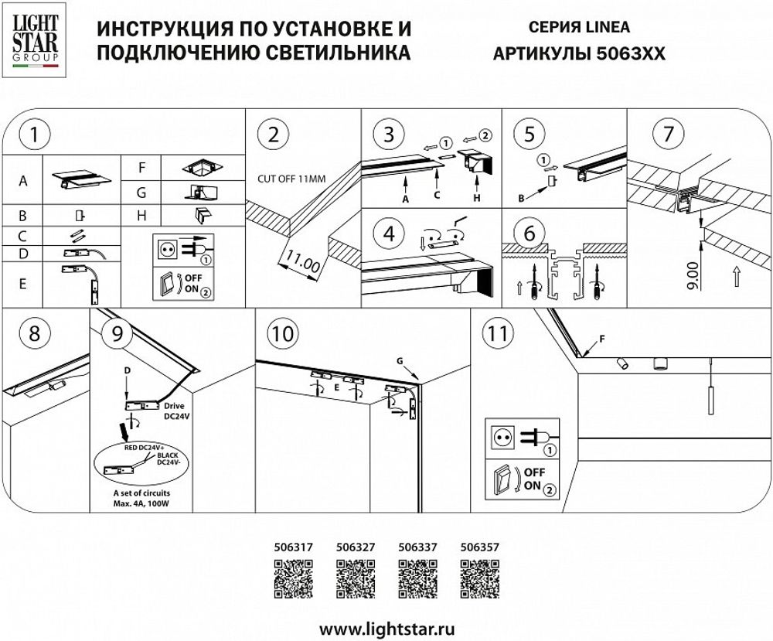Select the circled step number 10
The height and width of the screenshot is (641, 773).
point(283,334)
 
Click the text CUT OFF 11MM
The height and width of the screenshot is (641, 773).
point(291,179)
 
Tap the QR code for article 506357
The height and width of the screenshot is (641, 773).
point(479,579)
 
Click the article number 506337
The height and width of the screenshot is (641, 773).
point(417,546)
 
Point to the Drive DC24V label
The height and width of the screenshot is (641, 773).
point(175,410)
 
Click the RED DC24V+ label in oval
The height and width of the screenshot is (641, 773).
point(145,447)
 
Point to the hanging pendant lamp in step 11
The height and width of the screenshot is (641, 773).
point(706,394)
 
